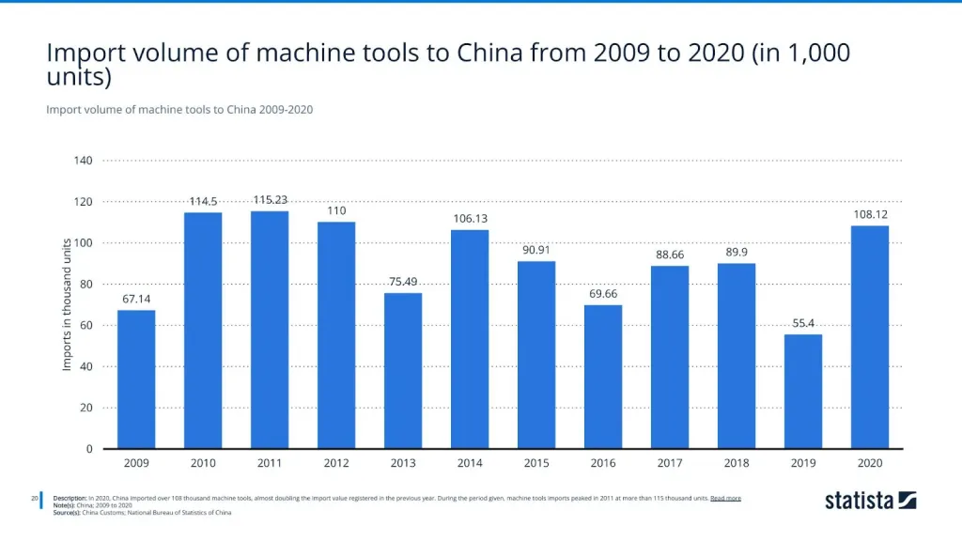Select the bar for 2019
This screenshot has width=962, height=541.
803,392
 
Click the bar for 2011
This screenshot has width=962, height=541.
270,330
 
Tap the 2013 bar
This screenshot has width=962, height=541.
403,371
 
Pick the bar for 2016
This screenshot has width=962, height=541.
603,377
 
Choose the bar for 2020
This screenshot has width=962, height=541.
870,337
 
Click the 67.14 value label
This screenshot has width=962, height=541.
136,299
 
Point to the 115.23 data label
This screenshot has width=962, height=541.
270,200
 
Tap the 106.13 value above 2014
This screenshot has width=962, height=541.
470,219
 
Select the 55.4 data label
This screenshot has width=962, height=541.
803,323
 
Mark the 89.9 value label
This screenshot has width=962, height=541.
737,252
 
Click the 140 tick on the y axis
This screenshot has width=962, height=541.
84,161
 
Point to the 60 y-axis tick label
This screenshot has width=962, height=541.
86,325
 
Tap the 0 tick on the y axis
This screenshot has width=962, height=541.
89,449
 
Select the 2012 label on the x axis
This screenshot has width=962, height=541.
336,463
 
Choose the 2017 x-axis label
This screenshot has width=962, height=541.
670,463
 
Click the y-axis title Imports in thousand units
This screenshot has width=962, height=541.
67,303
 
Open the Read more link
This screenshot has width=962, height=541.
725,498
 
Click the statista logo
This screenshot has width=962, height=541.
870,500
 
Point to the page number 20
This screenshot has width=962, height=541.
35,498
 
